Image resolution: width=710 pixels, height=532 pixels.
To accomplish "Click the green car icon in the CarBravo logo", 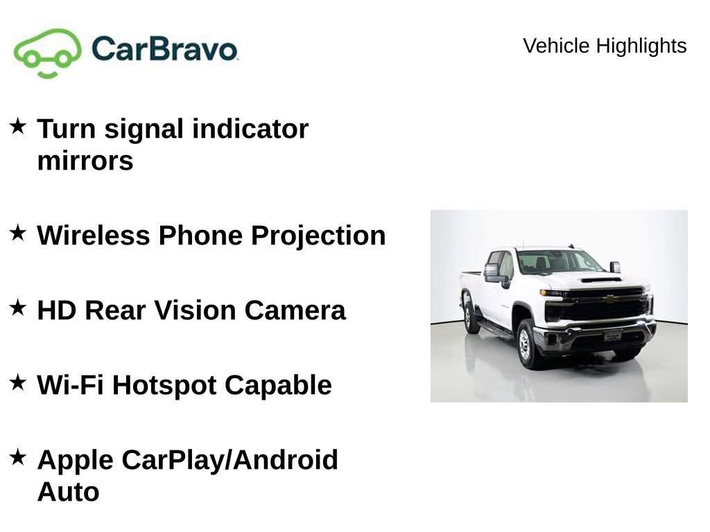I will pos(47,52).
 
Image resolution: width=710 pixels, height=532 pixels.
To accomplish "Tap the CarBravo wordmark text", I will pos(164,48).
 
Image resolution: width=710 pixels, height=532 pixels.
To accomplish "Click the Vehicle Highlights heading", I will pos(605,46).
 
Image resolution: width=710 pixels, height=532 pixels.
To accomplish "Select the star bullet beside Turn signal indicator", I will pos(18,127).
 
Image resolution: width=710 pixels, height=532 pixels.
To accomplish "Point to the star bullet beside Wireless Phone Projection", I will pos(18,233).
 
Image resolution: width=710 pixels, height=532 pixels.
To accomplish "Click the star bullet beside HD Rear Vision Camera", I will pos(18,308).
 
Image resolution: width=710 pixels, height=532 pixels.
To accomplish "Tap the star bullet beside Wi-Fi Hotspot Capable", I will pos(18,382).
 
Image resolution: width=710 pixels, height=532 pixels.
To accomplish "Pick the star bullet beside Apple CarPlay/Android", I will pos(18,457).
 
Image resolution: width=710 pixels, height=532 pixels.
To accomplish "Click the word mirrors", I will pos(85,161).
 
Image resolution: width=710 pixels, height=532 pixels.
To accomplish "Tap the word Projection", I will pos(318,236).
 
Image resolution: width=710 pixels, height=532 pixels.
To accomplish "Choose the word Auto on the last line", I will pos(68,492).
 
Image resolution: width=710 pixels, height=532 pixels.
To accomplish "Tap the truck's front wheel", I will pos(526,344).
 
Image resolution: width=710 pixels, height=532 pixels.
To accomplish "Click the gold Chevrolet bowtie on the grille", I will pos(609,299).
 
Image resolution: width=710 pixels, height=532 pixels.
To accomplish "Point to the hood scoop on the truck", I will pos(601,280).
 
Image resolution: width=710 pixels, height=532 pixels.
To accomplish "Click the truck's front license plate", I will pos(613,335).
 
